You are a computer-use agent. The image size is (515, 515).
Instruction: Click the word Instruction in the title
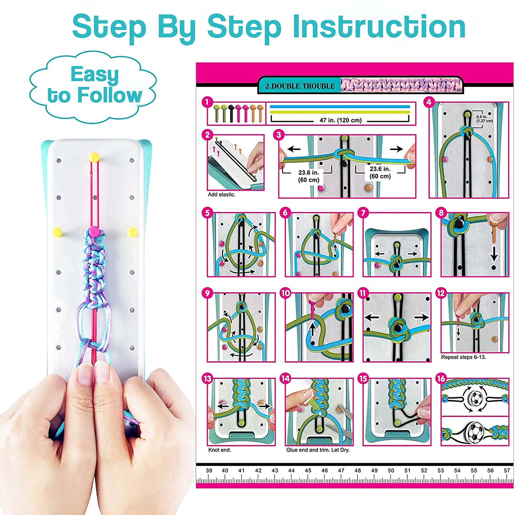coord(379,27)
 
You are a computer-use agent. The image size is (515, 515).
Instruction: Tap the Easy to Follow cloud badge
coord(93,87)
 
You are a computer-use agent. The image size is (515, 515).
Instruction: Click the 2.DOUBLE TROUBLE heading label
coord(300,86)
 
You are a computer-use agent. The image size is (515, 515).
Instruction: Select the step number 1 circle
coord(207,102)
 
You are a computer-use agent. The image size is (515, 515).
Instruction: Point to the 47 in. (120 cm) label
coord(340,120)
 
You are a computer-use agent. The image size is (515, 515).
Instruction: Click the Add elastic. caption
coord(221,194)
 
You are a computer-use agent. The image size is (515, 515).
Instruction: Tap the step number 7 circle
coord(363,213)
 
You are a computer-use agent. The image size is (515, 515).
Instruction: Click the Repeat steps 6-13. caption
coord(464,357)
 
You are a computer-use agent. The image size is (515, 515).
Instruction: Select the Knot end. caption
coord(220,450)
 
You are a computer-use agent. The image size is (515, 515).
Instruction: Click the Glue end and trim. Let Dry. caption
coord(318,450)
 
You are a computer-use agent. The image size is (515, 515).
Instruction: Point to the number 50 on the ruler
coord(391,470)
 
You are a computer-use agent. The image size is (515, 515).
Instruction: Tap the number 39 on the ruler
coord(209,470)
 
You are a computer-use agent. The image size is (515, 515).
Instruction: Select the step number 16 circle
coord(441,379)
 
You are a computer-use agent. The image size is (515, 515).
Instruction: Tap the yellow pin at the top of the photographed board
coord(94,157)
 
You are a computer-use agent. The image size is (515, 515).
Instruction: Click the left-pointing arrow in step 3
coord(294,149)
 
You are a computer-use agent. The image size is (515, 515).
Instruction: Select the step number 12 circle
coord(441,293)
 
